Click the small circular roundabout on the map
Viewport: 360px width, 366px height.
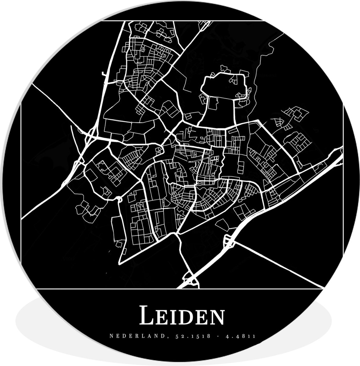pos(120,200)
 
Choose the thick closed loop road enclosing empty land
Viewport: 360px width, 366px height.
pos(224,84)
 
